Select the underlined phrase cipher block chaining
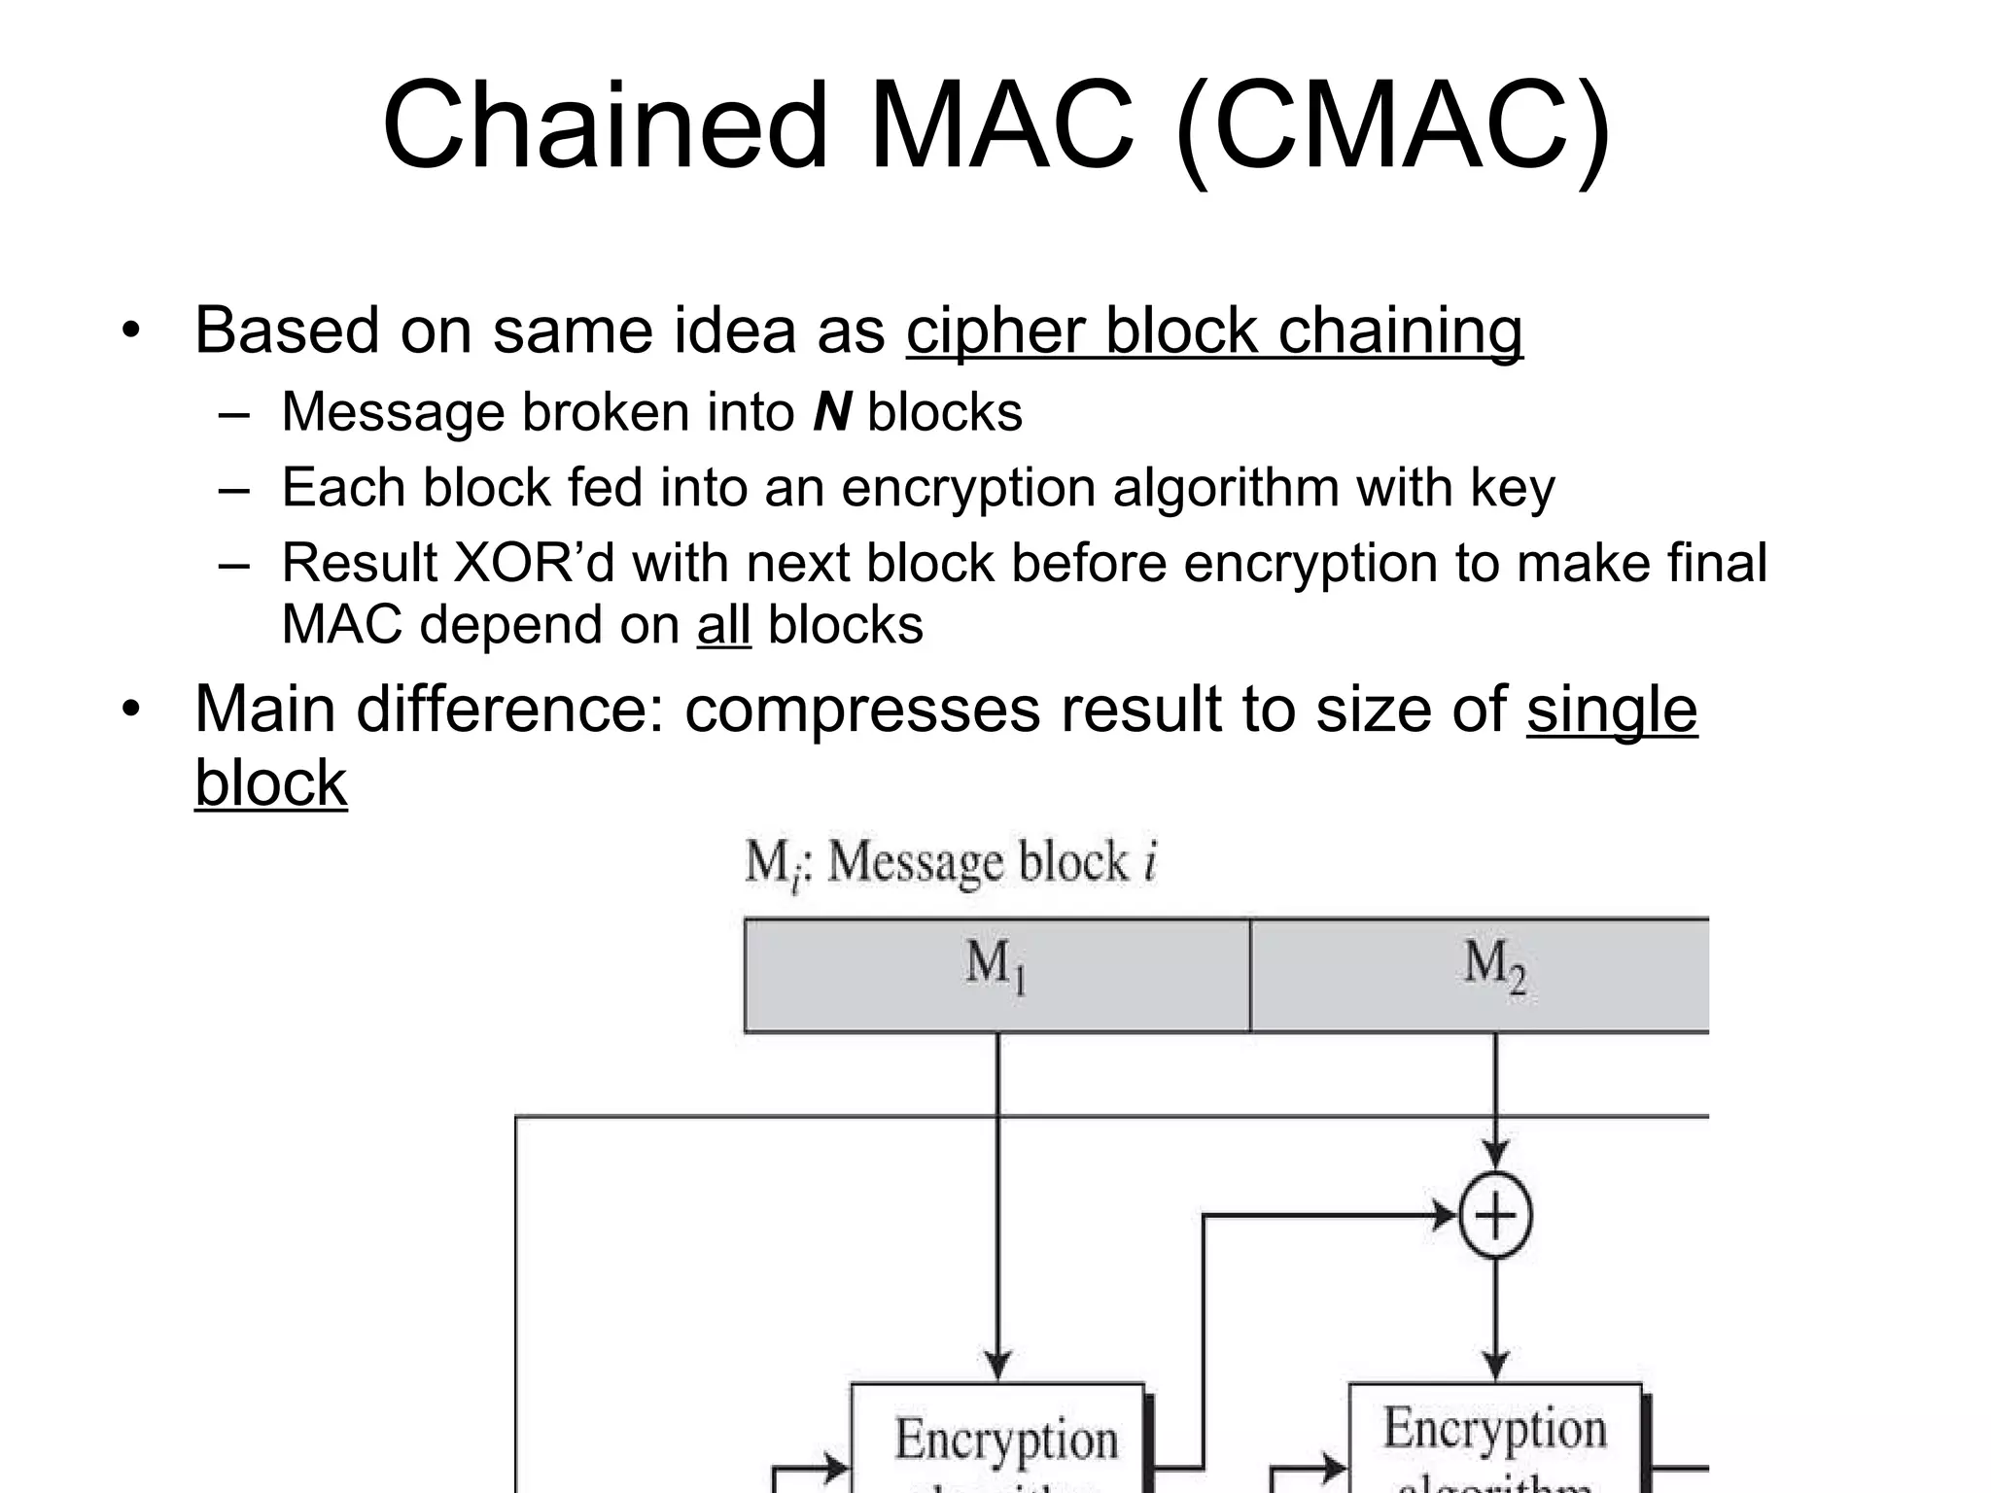pos(1213,330)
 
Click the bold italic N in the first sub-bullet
pos(832,412)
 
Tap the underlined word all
pos(723,625)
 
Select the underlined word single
pos(1611,710)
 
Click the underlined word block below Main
pos(270,783)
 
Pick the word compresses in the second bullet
pos(862,710)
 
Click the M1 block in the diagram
pos(996,975)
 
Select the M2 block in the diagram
pos(1493,975)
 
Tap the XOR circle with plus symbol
pos(1495,1216)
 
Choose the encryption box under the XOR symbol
pos(1495,1439)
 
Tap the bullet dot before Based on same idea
pos(130,331)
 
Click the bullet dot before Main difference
pos(130,711)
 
